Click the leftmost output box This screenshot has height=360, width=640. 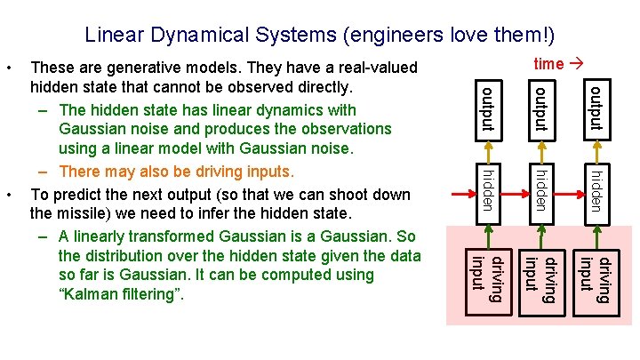pos(488,108)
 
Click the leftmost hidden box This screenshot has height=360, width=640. pos(488,190)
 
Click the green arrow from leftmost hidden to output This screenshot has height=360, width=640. pos(488,150)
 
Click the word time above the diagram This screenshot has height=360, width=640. pos(548,63)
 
